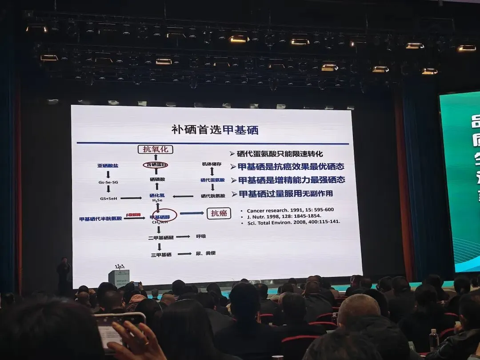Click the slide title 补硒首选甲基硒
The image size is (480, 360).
[215, 130]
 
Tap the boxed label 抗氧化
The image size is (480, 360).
[155, 150]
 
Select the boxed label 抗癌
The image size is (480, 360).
[219, 213]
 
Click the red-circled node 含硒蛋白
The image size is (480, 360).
[156, 165]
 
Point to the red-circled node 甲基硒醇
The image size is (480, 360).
[159, 216]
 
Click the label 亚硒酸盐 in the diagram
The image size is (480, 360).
[108, 166]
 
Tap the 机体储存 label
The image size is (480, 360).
[212, 164]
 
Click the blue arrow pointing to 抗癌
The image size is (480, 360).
[192, 213]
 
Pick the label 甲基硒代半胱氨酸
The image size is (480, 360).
[100, 219]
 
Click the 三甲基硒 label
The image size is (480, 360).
[160, 254]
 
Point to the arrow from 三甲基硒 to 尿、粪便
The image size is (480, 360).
[184, 254]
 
